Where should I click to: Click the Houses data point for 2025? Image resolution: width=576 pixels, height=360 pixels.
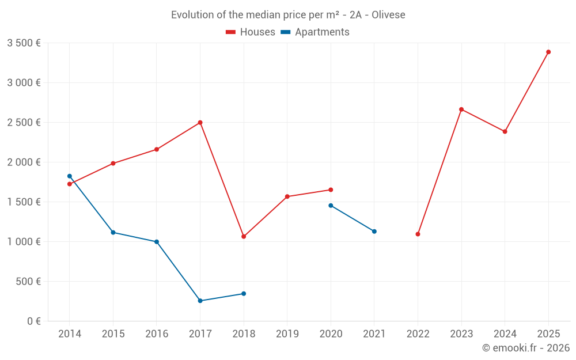tap(548, 52)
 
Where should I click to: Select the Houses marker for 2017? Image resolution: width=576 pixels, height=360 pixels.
tap(200, 123)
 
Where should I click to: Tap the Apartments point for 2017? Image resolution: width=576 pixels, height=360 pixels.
tap(200, 301)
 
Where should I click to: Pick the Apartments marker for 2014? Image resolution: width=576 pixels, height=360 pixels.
tap(70, 176)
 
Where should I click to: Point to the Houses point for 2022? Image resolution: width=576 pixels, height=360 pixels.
tap(418, 234)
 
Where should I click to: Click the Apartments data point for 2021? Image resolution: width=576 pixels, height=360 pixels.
tap(374, 232)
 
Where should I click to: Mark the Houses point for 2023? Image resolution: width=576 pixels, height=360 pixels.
tap(461, 109)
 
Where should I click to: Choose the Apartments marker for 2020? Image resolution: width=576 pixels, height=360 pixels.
tap(331, 206)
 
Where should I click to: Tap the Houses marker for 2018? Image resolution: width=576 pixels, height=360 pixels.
tap(244, 236)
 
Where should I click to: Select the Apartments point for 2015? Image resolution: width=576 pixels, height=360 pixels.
tap(113, 232)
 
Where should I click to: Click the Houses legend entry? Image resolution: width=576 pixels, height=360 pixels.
tap(251, 32)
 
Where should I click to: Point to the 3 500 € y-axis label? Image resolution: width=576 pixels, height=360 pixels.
tap(24, 43)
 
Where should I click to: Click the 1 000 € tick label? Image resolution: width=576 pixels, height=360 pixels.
tap(24, 242)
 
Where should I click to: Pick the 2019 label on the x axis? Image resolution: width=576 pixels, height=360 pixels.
tap(287, 334)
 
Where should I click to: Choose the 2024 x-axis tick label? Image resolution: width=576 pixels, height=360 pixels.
tap(505, 334)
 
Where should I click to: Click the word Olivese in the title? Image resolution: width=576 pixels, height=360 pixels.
tap(388, 15)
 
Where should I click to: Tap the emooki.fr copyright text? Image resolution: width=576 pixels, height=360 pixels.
tap(525, 348)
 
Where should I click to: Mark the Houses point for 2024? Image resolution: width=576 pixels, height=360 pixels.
tap(505, 131)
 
